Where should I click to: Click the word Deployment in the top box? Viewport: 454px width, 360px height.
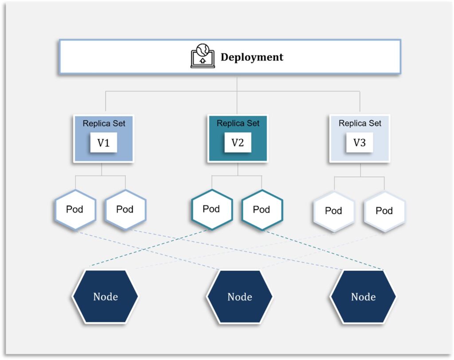252,57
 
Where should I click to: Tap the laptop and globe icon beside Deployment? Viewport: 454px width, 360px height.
203,55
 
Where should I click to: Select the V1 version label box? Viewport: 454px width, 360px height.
104,142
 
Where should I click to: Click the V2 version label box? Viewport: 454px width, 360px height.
238,142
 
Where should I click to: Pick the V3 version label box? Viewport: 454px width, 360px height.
360,142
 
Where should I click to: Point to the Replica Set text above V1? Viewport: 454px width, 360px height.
104,123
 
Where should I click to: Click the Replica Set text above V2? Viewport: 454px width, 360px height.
238,123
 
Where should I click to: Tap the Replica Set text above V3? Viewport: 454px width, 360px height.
360,123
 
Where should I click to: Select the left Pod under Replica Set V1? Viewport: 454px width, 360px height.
75,210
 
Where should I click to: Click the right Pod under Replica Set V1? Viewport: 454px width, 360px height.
125,210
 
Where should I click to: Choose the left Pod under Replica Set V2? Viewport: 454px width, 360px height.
211,209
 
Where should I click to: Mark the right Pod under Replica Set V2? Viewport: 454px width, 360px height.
262,210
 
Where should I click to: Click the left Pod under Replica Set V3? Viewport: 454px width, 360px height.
334,211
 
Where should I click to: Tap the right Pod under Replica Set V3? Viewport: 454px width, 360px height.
384,211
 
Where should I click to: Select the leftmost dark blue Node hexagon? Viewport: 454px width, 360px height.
105,296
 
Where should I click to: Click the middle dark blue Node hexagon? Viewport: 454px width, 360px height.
239,297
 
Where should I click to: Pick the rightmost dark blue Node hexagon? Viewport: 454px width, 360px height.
363,297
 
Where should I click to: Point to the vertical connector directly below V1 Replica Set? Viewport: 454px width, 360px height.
102,169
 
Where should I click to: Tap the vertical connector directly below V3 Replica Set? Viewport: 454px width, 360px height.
360,170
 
